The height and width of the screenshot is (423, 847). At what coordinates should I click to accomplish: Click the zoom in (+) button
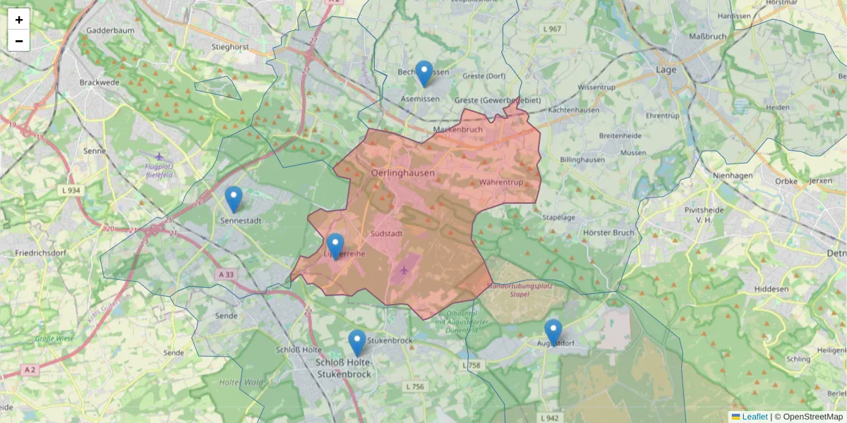(19, 20)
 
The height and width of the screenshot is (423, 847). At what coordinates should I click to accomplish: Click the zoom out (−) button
(19, 41)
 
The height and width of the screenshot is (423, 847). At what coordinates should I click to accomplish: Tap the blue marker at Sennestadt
(234, 199)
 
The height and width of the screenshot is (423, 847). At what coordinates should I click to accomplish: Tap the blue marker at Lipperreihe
(335, 246)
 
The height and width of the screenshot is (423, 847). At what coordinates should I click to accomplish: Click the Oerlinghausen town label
(402, 173)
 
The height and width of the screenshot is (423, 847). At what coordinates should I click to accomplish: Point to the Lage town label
(666, 70)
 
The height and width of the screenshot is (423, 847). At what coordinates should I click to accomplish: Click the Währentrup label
(500, 183)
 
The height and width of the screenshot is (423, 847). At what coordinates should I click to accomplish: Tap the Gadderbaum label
(110, 31)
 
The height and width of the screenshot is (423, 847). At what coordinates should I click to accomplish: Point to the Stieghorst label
(230, 47)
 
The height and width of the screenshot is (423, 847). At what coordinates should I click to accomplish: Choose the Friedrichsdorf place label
(43, 252)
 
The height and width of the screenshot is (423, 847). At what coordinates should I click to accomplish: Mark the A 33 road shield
(227, 274)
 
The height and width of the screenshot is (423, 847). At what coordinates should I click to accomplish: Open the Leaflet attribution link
(754, 417)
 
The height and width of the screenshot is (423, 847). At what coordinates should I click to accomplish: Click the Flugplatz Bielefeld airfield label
(160, 171)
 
